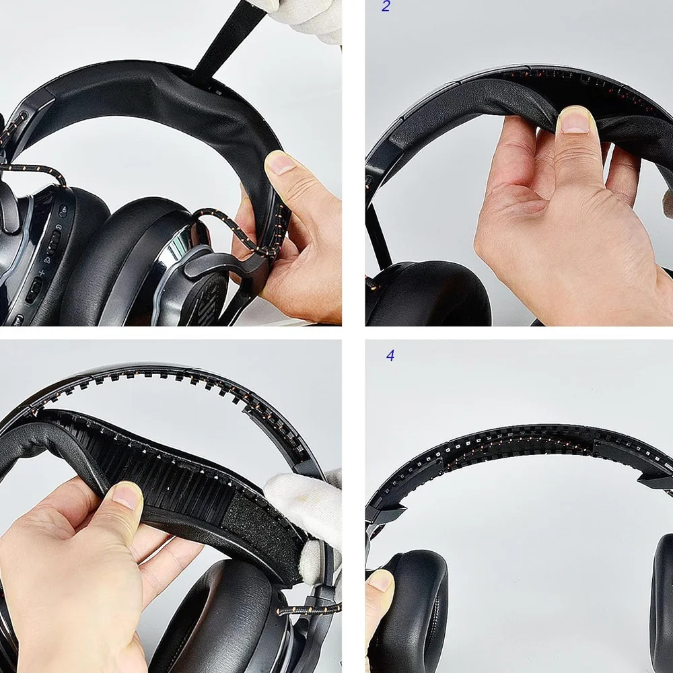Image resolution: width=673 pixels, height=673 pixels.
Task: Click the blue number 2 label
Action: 386,7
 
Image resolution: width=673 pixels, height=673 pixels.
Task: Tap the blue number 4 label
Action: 390,355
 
